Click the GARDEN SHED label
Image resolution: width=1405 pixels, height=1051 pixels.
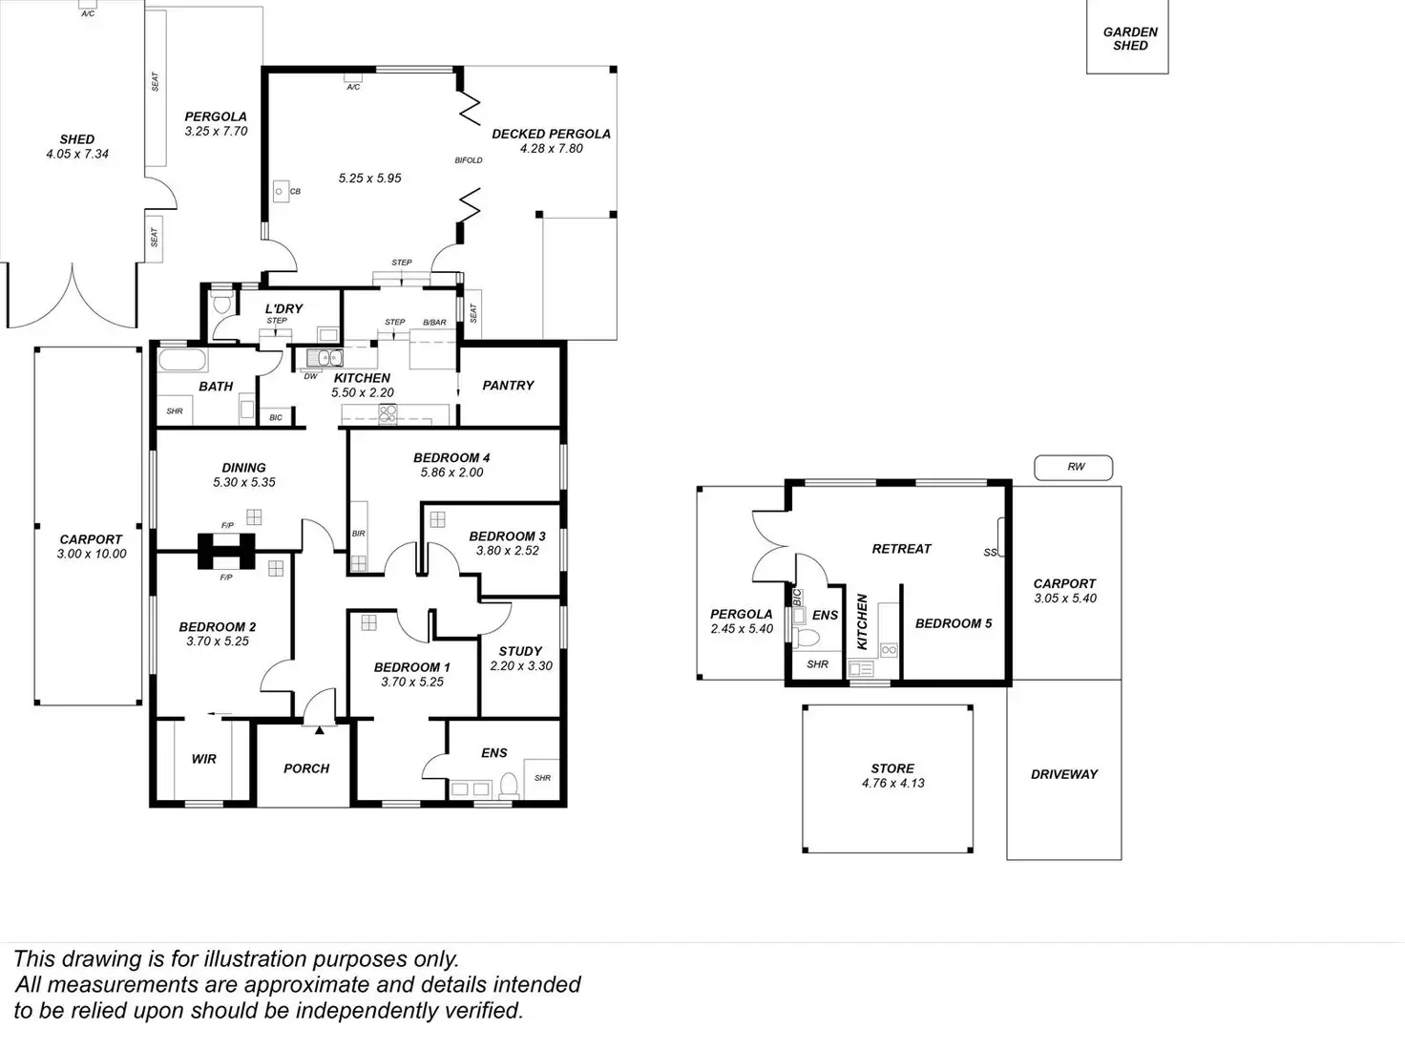click(1130, 38)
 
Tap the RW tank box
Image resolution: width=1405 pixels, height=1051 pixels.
click(1075, 467)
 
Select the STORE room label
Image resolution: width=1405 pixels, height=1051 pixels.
click(892, 768)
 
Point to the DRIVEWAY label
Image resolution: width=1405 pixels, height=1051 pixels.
click(1064, 774)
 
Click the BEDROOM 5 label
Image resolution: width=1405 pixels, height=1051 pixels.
click(953, 623)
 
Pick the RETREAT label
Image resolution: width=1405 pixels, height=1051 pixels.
click(901, 549)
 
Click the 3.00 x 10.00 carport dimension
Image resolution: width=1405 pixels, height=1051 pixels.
click(92, 554)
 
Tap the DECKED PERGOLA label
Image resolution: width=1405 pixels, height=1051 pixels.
click(551, 134)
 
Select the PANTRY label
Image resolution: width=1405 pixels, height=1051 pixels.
click(508, 386)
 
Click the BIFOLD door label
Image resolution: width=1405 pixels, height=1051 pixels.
click(469, 160)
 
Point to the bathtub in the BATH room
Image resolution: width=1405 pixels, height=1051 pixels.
click(181, 362)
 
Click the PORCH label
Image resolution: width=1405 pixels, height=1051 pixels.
click(306, 768)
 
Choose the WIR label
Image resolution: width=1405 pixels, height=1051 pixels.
click(204, 759)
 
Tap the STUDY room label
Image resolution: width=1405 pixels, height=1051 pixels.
click(520, 651)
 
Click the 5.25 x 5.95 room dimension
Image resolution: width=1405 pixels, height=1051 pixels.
click(370, 179)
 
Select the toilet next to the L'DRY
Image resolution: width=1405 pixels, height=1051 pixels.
click(222, 304)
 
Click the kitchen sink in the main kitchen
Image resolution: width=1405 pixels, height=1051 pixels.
click(325, 358)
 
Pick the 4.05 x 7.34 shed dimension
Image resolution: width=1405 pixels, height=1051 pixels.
click(77, 154)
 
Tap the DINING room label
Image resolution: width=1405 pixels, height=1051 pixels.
click(243, 468)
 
